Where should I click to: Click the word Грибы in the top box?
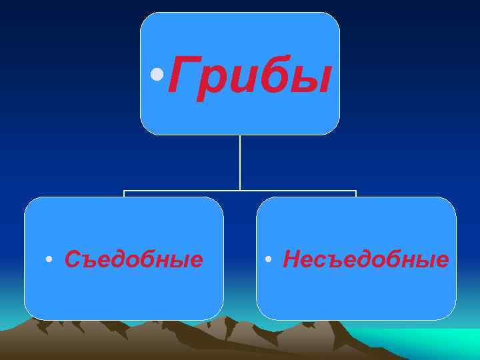click(x=249, y=75)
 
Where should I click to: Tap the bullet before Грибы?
click(x=157, y=73)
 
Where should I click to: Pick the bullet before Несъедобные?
click(x=267, y=259)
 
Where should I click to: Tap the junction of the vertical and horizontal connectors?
click(x=240, y=191)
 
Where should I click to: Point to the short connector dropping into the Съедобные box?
click(x=124, y=194)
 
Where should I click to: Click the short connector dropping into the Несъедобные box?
click(x=356, y=194)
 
